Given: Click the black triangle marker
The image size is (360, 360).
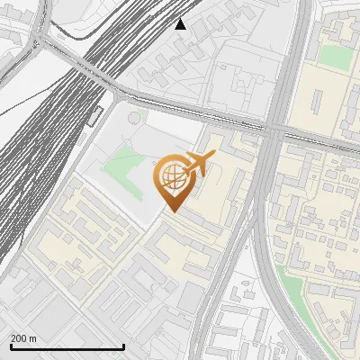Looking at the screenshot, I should tap(181, 23).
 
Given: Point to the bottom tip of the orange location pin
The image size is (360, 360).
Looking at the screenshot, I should tap(172, 212).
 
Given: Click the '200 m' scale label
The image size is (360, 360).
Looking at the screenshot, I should tap(23, 338).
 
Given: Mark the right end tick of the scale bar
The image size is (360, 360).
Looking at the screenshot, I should tap(123, 346).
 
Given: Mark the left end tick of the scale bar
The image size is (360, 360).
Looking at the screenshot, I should tap(11, 346).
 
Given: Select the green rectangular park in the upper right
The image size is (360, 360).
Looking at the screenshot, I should tap(335, 57).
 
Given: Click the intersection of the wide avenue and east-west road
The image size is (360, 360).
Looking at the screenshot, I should tap(273, 131).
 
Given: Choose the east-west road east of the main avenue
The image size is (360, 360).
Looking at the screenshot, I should tap(319, 144).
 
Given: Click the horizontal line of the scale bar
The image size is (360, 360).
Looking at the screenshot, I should tap(67, 346).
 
